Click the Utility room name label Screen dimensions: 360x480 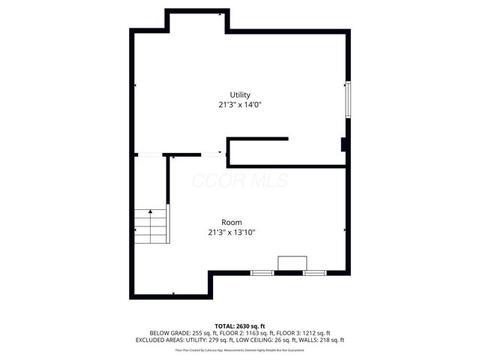click(240, 94)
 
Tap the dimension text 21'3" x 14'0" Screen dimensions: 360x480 click(240, 105)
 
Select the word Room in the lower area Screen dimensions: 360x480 click(231, 222)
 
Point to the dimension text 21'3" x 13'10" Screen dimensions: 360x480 click(232, 232)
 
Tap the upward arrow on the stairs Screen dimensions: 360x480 click(151, 213)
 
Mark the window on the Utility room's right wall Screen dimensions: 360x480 click(346, 98)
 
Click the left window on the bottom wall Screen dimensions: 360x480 click(262, 272)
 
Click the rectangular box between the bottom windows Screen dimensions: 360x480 click(292, 262)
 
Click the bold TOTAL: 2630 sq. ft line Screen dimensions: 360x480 click(240, 325)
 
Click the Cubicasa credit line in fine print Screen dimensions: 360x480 click(240, 349)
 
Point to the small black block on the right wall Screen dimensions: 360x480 click(343, 145)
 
